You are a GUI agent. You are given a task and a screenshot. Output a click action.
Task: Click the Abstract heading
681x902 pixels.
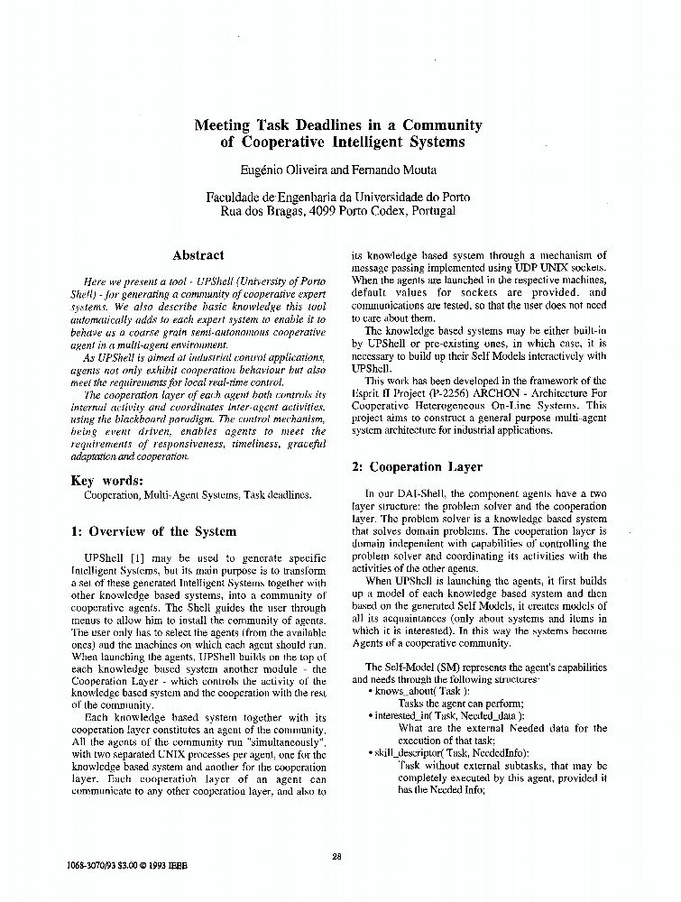(198, 255)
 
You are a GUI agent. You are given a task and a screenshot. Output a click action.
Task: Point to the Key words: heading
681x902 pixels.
(106, 480)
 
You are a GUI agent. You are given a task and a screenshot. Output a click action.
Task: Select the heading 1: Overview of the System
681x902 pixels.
(153, 531)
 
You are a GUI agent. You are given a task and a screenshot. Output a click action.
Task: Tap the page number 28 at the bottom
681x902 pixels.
(336, 856)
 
